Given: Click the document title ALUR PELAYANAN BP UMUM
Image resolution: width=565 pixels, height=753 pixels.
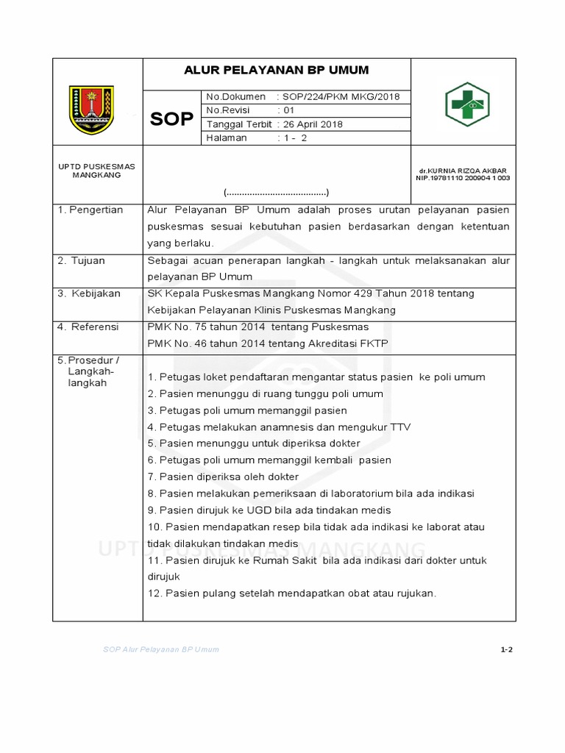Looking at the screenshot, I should click(x=276, y=71).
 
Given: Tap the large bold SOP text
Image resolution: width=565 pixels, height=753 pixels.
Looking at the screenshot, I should click(x=171, y=118).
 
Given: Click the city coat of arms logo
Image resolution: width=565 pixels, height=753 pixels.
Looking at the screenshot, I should click(x=92, y=110).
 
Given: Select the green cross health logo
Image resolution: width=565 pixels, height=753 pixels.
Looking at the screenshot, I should click(x=467, y=104).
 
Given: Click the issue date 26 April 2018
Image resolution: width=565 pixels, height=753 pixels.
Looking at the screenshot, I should click(x=313, y=124).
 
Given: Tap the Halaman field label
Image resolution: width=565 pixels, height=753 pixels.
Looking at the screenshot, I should click(x=227, y=138).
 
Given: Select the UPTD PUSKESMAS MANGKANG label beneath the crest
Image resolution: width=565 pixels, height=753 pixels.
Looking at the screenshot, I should click(x=92, y=171).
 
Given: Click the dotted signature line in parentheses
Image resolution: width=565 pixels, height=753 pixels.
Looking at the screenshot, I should click(x=276, y=193).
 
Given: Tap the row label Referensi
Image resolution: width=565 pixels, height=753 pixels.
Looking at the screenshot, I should click(x=89, y=326).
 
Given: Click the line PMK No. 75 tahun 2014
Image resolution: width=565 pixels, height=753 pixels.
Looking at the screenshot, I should click(x=258, y=326).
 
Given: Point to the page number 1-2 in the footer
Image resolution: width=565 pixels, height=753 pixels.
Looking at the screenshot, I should click(x=505, y=650).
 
